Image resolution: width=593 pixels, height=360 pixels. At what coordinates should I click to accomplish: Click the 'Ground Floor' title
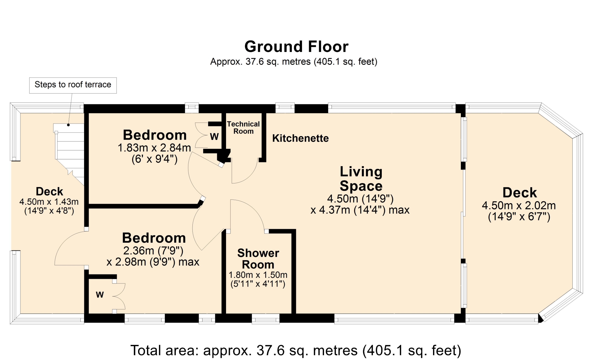[296, 47]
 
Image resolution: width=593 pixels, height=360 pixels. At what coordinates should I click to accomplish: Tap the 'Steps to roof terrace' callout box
[73, 85]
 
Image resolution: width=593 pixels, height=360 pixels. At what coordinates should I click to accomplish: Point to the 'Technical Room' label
[243, 128]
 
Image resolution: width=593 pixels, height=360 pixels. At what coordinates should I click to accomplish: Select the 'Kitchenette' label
[300, 138]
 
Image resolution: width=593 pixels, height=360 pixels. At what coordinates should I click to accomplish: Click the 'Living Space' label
[361, 179]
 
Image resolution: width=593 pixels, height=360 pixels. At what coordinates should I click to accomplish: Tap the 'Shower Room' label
[258, 259]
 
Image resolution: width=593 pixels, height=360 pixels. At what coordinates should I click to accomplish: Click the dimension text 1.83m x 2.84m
[154, 148]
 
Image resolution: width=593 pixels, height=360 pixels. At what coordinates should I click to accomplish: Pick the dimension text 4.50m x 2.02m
[519, 205]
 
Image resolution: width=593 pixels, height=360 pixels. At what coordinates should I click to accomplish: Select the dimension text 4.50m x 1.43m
[49, 202]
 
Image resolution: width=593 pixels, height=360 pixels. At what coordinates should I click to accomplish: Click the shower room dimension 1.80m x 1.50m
[258, 275]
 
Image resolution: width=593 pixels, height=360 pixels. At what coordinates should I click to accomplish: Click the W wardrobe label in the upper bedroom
[214, 136]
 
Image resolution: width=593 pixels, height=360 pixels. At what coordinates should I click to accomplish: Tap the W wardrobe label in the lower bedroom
[100, 295]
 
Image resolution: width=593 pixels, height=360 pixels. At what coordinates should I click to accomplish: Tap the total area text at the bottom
[296, 350]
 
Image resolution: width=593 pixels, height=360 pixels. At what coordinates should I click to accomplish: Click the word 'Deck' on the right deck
[520, 193]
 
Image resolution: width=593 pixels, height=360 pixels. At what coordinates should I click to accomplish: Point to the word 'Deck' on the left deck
[49, 191]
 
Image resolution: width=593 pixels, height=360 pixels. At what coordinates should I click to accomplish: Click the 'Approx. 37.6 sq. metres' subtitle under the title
[294, 62]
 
